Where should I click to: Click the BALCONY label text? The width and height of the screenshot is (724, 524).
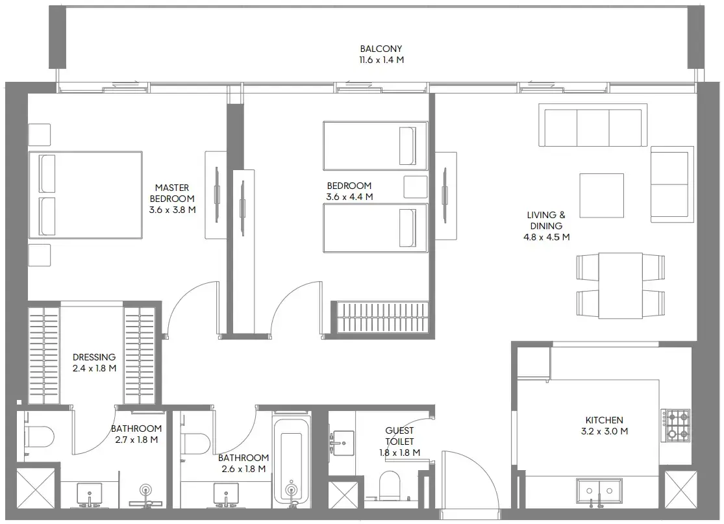382,49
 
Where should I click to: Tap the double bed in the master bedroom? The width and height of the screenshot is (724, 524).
85,195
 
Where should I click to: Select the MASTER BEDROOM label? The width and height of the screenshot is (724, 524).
172,193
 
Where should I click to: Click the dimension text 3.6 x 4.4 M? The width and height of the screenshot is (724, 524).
349,197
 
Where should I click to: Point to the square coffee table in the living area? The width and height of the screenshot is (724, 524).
601,195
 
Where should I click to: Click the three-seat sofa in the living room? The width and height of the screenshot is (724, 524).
593,128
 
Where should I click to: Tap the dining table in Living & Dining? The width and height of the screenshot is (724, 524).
620,285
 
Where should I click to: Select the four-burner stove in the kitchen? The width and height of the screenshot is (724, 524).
676,425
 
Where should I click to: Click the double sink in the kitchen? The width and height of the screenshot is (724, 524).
599,492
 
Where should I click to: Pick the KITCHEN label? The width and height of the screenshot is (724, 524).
604,420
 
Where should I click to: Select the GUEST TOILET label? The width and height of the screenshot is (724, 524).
399,436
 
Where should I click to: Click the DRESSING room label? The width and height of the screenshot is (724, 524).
94,357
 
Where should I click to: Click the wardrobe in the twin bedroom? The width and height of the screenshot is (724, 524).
382,318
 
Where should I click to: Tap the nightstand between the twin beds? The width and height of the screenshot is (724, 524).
415,187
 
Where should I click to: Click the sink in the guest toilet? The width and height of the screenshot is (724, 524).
343,442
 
